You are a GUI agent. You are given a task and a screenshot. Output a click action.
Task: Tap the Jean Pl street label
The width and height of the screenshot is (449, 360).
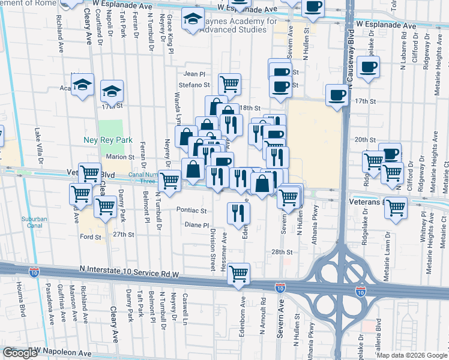(x=194, y=74)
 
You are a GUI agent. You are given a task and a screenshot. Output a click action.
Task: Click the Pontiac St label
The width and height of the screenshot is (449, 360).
(x=192, y=211)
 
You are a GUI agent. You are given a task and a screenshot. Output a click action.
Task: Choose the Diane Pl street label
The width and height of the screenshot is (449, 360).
(x=196, y=225)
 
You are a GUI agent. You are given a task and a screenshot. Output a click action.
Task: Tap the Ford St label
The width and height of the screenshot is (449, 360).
(x=91, y=237)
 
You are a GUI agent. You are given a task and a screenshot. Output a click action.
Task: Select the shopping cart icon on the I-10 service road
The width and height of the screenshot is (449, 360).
(x=239, y=273)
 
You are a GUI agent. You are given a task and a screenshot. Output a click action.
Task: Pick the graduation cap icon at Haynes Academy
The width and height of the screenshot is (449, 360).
(x=193, y=21)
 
